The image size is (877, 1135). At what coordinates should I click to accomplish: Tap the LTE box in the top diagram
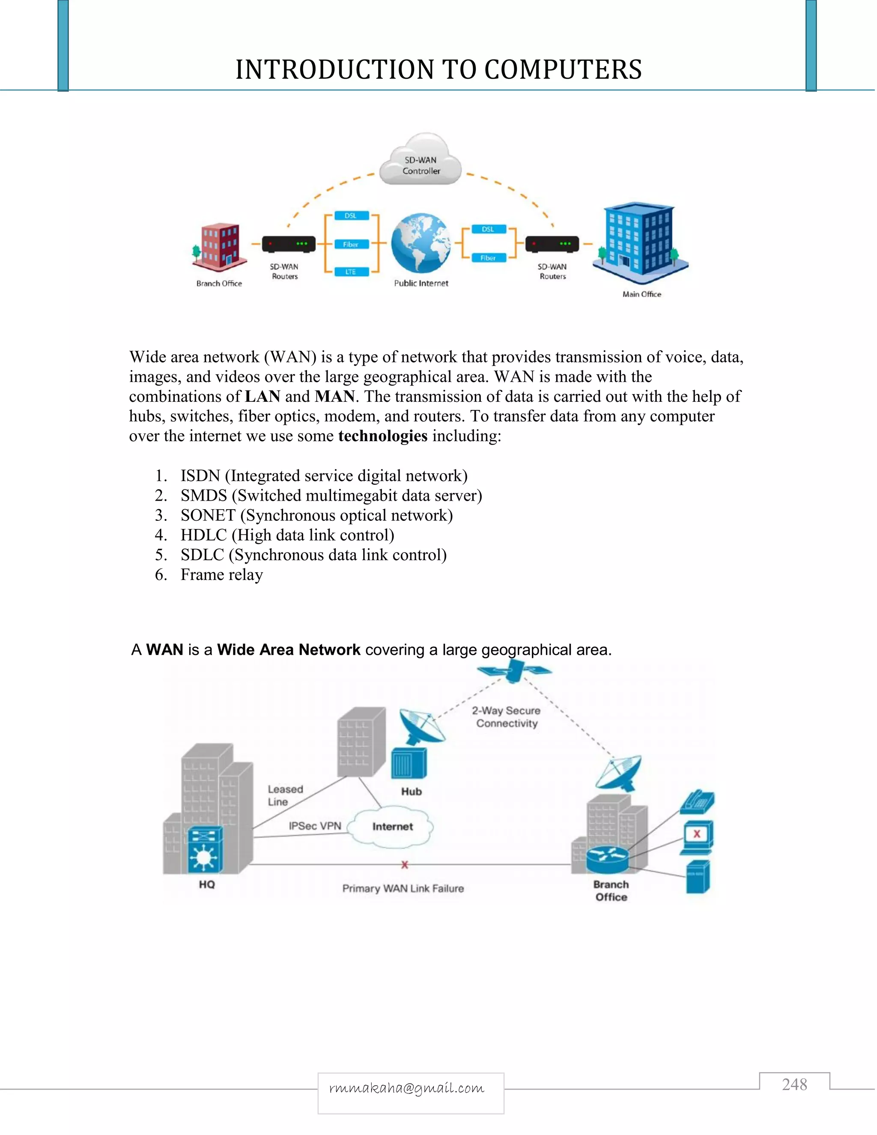[351, 272]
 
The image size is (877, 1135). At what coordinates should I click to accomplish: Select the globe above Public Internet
[421, 243]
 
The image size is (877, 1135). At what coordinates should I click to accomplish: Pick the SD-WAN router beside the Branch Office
[288, 244]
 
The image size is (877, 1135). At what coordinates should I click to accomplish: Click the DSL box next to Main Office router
[488, 229]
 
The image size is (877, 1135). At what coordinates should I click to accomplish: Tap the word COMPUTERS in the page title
[563, 70]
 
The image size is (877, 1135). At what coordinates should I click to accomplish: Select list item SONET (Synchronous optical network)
[316, 515]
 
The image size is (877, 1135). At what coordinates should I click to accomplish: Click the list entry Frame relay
[221, 574]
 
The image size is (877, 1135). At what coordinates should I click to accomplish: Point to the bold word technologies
[382, 436]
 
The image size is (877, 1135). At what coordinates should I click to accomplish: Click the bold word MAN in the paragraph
[334, 396]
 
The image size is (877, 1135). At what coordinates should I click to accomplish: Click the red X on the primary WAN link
[405, 865]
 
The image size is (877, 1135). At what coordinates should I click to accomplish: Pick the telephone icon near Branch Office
[698, 802]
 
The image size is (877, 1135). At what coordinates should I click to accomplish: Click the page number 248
[794, 1084]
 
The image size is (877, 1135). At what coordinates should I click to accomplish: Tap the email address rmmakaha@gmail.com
[407, 1088]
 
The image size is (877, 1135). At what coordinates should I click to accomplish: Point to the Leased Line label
[285, 795]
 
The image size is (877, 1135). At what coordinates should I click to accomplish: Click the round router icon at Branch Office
[607, 860]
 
